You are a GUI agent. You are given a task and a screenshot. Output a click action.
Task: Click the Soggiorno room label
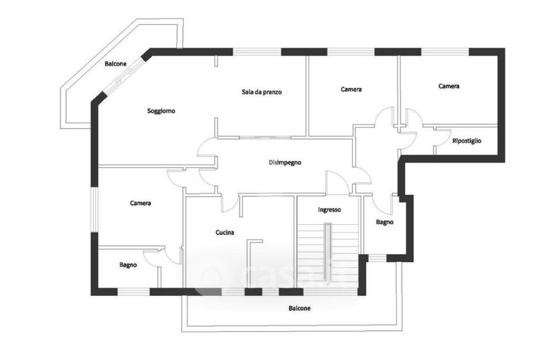(x=161, y=111)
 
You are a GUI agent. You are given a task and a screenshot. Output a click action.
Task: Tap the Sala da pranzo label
(x=261, y=92)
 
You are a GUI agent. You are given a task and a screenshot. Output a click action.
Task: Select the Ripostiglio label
(x=466, y=140)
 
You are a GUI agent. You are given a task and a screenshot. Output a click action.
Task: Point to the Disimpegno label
(x=284, y=163)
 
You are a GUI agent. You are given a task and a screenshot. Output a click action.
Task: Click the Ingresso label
(x=329, y=209)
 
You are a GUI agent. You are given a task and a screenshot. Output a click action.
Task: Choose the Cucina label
(x=225, y=232)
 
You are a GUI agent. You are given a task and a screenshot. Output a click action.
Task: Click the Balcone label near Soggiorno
(x=115, y=63)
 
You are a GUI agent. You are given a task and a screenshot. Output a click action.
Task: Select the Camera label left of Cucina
(x=140, y=203)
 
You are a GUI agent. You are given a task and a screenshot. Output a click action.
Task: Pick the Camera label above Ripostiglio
(x=449, y=86)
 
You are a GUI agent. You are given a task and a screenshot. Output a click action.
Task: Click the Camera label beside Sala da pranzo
(x=351, y=89)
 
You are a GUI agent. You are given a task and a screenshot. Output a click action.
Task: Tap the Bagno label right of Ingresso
(x=385, y=222)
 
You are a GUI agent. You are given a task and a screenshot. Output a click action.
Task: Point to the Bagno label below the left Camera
(x=128, y=265)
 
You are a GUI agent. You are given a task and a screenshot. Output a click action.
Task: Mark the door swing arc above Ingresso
(x=335, y=181)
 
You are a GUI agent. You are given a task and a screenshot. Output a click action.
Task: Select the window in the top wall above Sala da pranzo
(x=256, y=51)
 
